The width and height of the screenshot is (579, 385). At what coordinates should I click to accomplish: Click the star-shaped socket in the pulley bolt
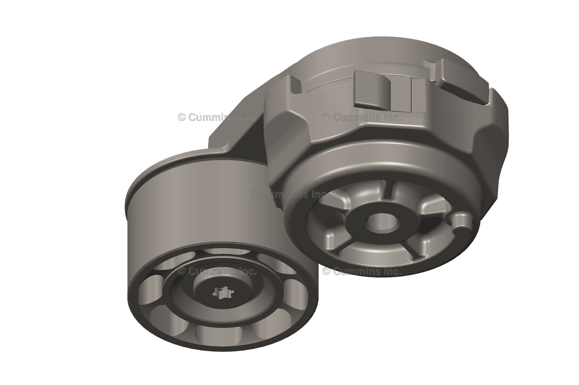tap(223, 293)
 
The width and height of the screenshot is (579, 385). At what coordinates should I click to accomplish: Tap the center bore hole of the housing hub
tap(381, 222)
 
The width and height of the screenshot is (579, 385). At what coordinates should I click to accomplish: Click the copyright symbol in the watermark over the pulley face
tap(182, 272)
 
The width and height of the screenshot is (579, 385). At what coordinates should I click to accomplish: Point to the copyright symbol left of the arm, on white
tap(182, 117)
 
